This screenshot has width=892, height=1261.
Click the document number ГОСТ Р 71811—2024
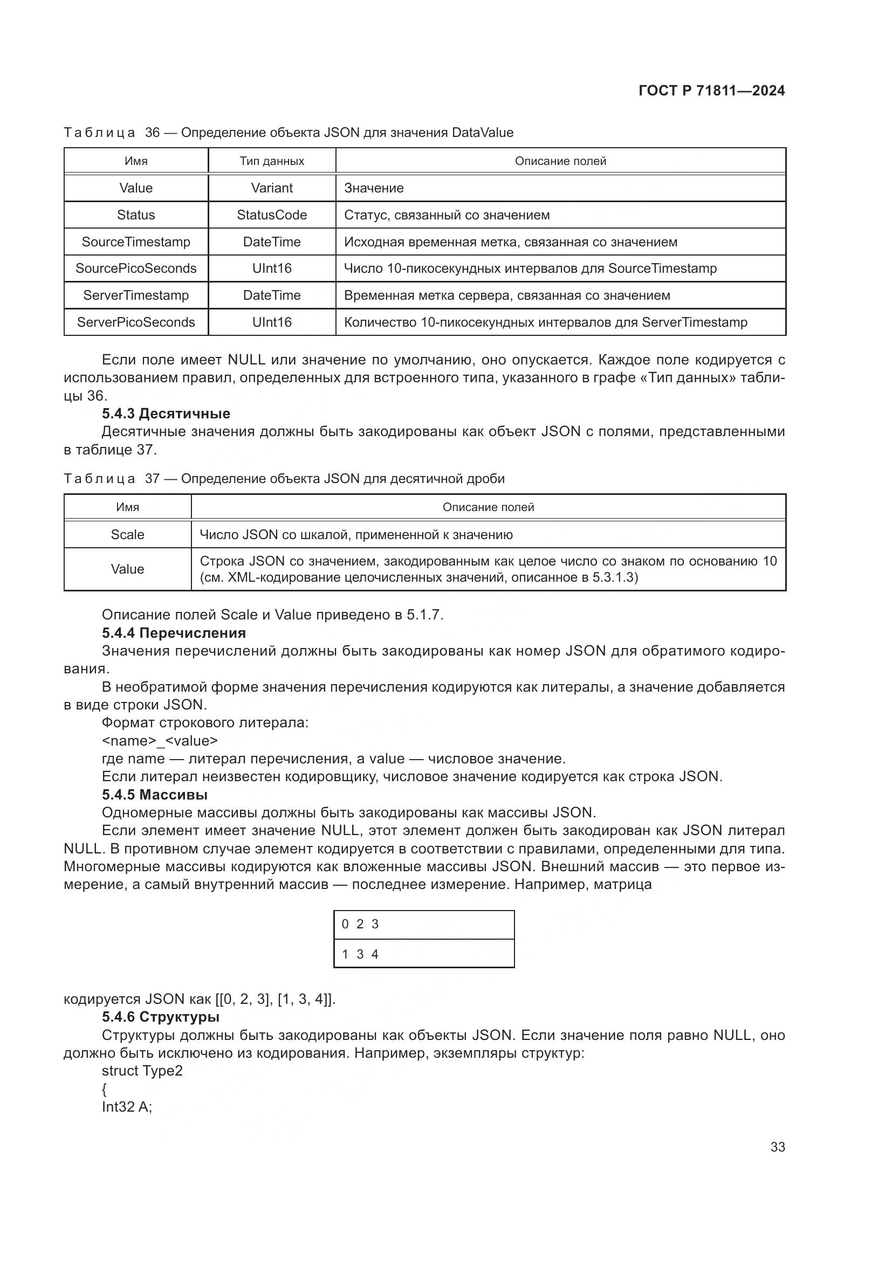(x=711, y=91)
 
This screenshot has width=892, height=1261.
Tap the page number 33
(x=777, y=1147)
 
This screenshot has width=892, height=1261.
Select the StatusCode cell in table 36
(x=271, y=215)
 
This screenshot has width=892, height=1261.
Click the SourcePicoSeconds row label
(x=136, y=268)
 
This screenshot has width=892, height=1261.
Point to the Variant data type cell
(x=271, y=188)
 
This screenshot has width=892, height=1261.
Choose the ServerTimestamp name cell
(x=136, y=295)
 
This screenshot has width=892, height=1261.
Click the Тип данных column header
(x=271, y=161)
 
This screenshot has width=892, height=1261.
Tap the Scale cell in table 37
(x=127, y=534)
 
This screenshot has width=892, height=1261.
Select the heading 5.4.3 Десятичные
(x=166, y=414)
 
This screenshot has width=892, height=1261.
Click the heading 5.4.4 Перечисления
(x=174, y=633)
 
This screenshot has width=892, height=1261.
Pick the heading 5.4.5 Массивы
(x=154, y=794)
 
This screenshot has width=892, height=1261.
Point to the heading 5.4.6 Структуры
(x=160, y=1017)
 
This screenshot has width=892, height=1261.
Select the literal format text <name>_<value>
(x=160, y=741)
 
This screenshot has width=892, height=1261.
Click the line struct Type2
(x=142, y=1071)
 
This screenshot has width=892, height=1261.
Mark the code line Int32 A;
(x=127, y=1107)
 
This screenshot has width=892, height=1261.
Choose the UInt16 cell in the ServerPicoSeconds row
(x=271, y=322)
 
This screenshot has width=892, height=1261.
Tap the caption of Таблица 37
(x=284, y=478)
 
